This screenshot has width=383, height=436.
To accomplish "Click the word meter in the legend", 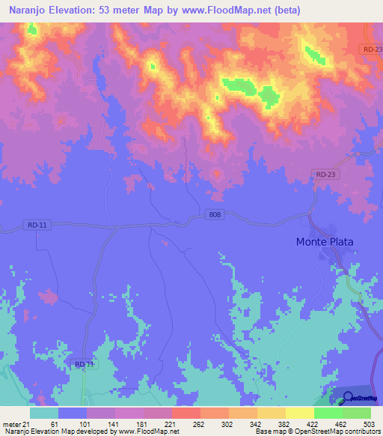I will (10, 424).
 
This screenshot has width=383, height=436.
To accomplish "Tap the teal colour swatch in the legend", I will (43, 413).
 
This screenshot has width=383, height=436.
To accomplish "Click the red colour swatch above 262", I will (186, 413).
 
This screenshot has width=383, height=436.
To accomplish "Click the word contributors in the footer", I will (359, 432).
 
